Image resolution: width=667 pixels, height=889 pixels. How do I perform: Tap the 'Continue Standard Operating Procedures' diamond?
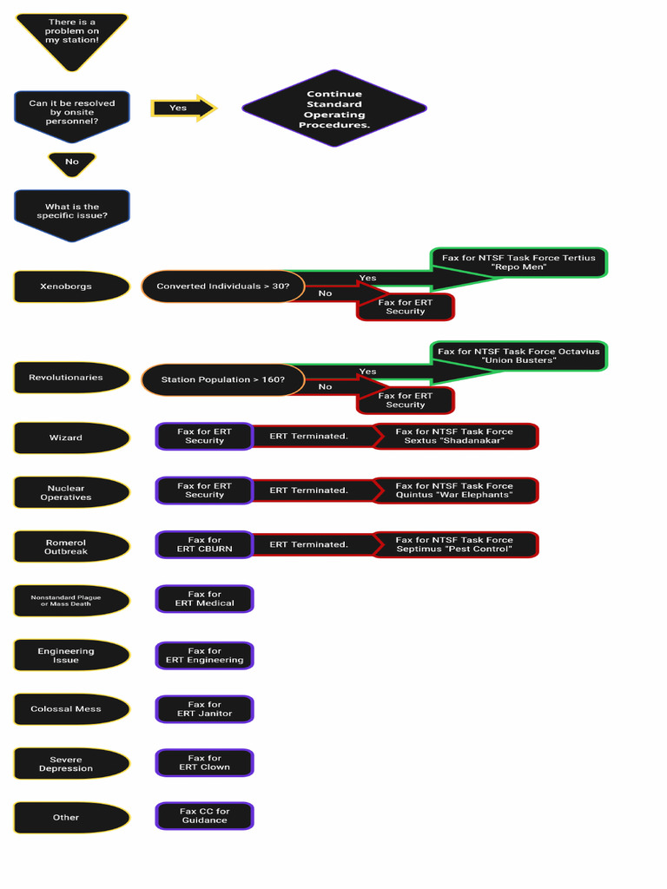[x=334, y=109]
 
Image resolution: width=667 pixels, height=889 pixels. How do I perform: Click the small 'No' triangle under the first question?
[x=72, y=164]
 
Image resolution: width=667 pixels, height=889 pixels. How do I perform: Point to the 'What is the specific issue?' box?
[x=72, y=215]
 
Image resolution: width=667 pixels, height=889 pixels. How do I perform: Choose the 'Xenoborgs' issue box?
[x=72, y=286]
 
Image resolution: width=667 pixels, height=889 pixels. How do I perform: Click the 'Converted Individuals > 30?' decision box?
[x=223, y=286]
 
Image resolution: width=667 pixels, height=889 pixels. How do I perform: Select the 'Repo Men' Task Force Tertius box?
[x=519, y=262]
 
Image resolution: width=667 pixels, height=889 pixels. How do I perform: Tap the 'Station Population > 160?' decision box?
[x=223, y=380]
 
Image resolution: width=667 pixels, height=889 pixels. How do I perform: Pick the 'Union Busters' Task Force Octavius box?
[x=519, y=356]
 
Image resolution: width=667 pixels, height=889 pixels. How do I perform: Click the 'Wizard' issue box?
[x=72, y=438]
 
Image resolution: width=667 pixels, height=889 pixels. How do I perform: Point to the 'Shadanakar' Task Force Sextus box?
[x=455, y=436]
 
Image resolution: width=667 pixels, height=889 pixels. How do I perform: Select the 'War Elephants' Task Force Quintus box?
[x=455, y=491]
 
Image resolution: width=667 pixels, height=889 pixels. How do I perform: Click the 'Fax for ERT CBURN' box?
[x=205, y=545]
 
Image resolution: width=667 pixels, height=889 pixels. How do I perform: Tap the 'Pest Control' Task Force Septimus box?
[x=455, y=545]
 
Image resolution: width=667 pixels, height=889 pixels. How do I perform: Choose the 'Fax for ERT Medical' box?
[x=205, y=599]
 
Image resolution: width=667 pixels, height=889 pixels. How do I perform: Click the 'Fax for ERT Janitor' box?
[x=205, y=709]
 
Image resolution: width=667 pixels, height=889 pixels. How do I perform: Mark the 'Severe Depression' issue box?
[x=72, y=764]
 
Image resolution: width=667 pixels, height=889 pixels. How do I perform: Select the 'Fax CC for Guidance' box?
[x=205, y=816]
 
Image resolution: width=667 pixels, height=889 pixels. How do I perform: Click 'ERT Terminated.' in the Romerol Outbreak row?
[x=308, y=544]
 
